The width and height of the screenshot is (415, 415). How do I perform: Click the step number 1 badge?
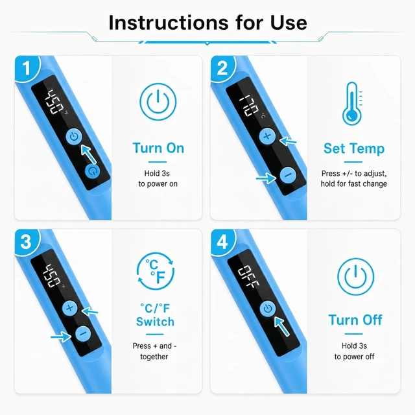(27, 68)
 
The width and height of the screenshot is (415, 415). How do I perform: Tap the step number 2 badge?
(222, 68)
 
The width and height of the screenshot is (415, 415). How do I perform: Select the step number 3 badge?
(27, 242)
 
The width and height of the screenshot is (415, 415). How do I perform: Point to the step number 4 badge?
(222, 242)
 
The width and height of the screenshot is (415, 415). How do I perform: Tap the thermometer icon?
(353, 104)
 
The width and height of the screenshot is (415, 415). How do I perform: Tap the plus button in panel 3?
(70, 308)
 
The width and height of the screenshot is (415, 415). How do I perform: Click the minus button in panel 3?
(83, 333)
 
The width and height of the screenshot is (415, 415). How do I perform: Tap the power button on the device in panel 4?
(268, 309)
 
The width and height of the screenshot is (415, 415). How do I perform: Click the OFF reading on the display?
(248, 278)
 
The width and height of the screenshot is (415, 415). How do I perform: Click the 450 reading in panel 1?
(54, 102)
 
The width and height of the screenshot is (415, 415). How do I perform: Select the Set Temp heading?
(354, 148)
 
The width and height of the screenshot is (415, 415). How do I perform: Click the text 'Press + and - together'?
(154, 351)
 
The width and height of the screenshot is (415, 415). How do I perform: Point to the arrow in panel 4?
(282, 326)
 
